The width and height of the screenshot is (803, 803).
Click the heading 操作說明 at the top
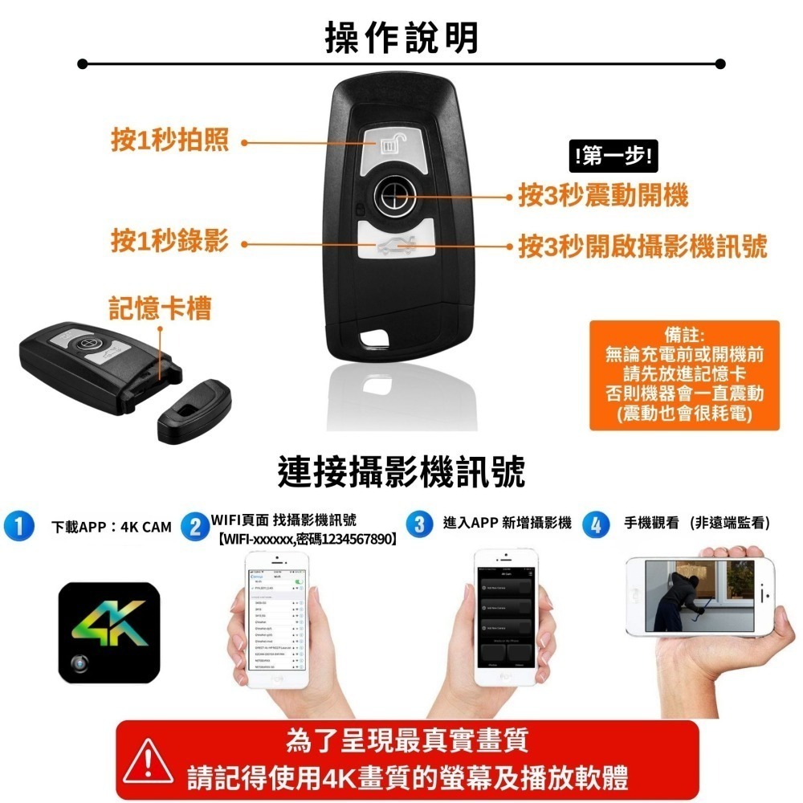[x=401, y=38]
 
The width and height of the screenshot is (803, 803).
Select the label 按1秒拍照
[x=169, y=141]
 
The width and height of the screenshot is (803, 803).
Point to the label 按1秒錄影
[x=169, y=240]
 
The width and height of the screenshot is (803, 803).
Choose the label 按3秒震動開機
[x=603, y=195]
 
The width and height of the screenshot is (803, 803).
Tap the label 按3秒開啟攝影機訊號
[x=642, y=246]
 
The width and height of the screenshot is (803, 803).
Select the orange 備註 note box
[x=684, y=375]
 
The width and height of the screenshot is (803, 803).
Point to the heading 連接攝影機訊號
[x=401, y=471]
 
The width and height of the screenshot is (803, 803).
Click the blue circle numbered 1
[x=18, y=526]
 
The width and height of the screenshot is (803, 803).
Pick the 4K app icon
[x=110, y=634]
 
